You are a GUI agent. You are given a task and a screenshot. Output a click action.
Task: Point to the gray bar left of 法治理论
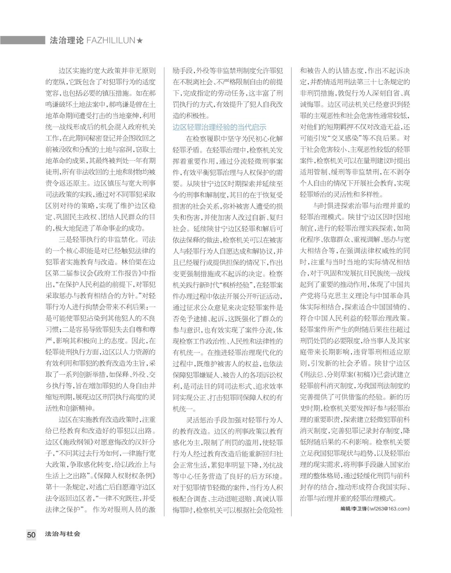tap(22, 40)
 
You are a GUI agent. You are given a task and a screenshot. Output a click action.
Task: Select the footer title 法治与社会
tap(63, 534)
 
